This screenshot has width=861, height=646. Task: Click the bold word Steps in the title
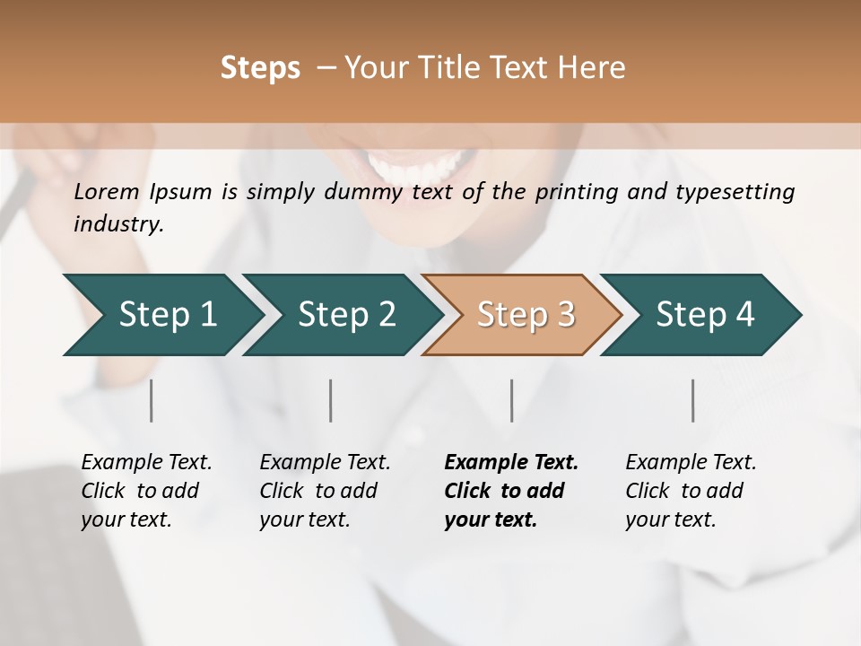click(260, 68)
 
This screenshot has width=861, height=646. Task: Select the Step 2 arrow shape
click(341, 315)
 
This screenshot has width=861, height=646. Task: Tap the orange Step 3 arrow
click(522, 315)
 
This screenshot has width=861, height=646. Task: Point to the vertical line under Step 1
click(151, 400)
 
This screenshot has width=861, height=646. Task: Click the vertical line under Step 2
click(331, 400)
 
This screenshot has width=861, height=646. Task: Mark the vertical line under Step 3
click(511, 400)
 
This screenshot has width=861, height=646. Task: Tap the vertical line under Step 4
click(692, 400)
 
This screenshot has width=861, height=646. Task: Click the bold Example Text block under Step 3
click(511, 491)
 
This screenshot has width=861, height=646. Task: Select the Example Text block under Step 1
click(146, 491)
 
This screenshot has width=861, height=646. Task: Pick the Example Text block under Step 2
click(325, 491)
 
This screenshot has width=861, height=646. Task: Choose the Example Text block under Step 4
click(691, 491)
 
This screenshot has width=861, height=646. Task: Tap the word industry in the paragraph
click(117, 224)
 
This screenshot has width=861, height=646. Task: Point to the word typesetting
click(743, 192)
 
